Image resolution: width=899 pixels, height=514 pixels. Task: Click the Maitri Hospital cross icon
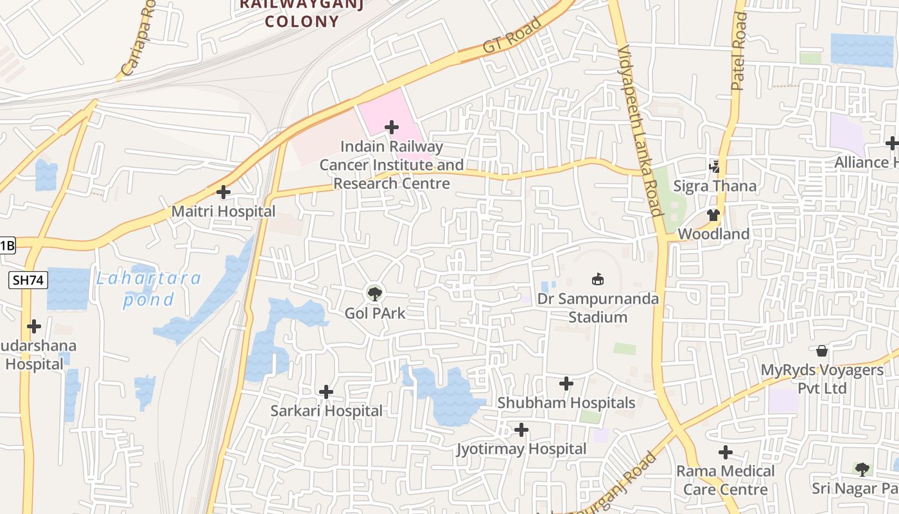(x=223, y=192)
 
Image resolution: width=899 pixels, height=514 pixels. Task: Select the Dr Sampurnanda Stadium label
(x=597, y=308)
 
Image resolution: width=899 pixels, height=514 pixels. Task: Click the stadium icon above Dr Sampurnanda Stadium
(x=597, y=279)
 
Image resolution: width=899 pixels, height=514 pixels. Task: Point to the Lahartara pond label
(x=149, y=288)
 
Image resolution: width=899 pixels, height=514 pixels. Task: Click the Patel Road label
(x=739, y=51)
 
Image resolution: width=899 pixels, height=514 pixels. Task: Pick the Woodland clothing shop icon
(x=713, y=215)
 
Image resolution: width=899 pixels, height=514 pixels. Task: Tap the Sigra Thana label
(x=715, y=186)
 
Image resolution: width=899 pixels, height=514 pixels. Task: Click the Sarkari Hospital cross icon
(x=326, y=391)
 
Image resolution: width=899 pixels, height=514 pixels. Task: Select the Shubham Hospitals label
(x=566, y=403)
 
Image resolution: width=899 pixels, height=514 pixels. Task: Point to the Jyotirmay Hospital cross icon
(x=521, y=429)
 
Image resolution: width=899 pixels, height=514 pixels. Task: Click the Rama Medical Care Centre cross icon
(x=726, y=452)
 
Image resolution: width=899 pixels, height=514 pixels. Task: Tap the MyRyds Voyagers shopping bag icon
(x=822, y=351)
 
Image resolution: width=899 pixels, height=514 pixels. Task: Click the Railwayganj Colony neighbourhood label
(x=302, y=13)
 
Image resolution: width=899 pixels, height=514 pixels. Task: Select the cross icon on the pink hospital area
(x=391, y=127)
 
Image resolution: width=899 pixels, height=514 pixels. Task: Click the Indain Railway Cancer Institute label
(x=392, y=165)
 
